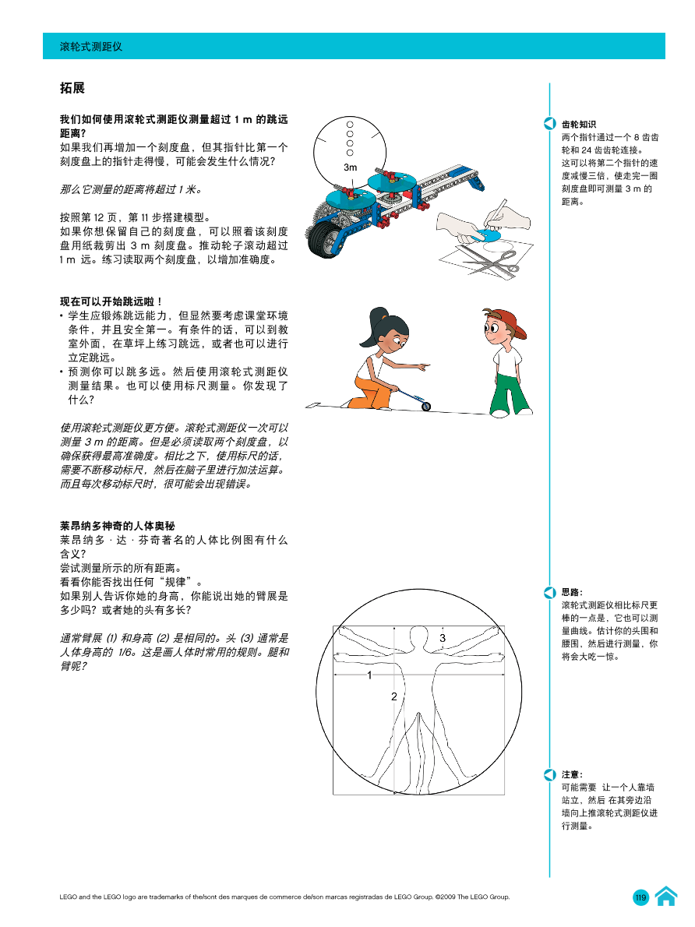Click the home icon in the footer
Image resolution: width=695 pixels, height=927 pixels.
[665, 897]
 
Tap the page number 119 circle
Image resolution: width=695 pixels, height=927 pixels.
[641, 898]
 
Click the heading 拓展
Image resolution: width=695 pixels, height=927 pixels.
[72, 88]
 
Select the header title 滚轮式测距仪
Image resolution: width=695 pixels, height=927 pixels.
[91, 47]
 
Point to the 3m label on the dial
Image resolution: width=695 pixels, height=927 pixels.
[351, 167]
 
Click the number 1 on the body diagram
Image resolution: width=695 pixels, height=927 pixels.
[369, 675]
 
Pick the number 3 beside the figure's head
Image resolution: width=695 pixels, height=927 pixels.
[442, 638]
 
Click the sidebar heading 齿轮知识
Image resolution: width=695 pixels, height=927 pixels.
[579, 123]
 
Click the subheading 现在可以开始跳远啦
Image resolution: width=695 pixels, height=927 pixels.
[111, 301]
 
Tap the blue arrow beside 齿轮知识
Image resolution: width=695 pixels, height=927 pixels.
[549, 123]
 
